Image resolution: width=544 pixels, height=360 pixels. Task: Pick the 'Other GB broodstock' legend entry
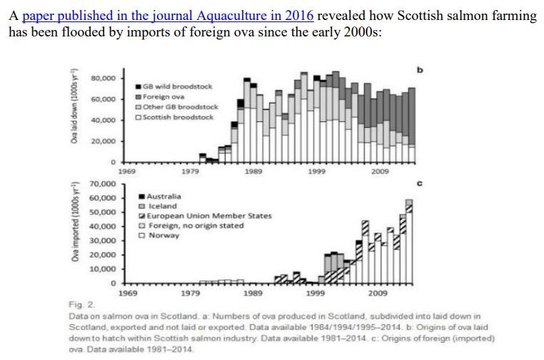pyautogui.click(x=179, y=106)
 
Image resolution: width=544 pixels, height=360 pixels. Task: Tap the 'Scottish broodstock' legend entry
pyautogui.click(x=178, y=116)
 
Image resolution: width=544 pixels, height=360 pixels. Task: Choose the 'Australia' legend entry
pyautogui.click(x=163, y=196)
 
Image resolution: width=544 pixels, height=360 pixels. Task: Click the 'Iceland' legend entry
pyautogui.click(x=161, y=206)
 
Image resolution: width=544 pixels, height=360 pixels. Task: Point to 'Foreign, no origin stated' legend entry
pyautogui.click(x=196, y=226)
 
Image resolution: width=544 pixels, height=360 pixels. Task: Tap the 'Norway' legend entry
pyautogui.click(x=163, y=236)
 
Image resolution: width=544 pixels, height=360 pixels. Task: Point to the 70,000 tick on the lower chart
pyautogui.click(x=104, y=184)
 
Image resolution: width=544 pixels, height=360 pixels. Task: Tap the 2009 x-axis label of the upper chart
pyautogui.click(x=378, y=171)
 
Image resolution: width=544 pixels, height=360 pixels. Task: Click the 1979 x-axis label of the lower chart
pyautogui.click(x=190, y=293)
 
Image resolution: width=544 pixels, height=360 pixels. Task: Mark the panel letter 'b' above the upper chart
pyautogui.click(x=420, y=69)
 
